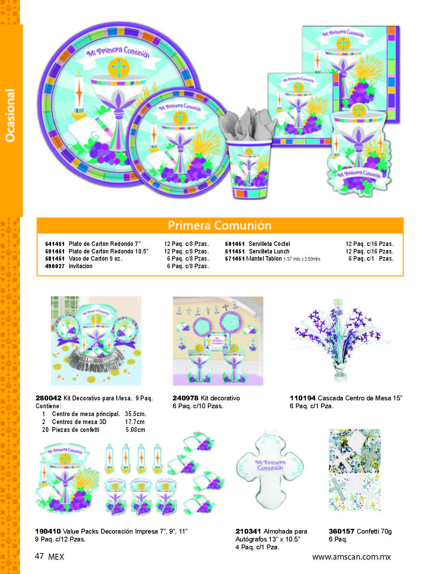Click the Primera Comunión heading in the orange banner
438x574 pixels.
coord(220,225)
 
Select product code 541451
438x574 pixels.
coord(55,244)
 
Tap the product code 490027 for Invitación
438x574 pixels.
coord(55,266)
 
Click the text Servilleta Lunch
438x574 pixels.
coord(269,251)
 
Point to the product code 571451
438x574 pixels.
coord(235,259)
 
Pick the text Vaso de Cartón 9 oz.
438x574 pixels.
coord(96,259)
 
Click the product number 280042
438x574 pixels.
coord(49,398)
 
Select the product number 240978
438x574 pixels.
coord(185,398)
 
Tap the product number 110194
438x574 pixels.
coord(302,398)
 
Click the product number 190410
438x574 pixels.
coord(48,532)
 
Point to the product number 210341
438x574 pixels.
coord(248,532)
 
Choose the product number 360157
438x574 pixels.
coord(341,532)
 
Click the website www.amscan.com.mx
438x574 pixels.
coord(351,557)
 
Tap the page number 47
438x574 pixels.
coord(39,556)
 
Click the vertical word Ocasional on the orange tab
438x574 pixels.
coord(10,115)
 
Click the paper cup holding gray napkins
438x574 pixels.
coord(249,170)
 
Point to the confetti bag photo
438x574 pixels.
coord(354,470)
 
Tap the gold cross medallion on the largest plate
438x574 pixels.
coord(119,68)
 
